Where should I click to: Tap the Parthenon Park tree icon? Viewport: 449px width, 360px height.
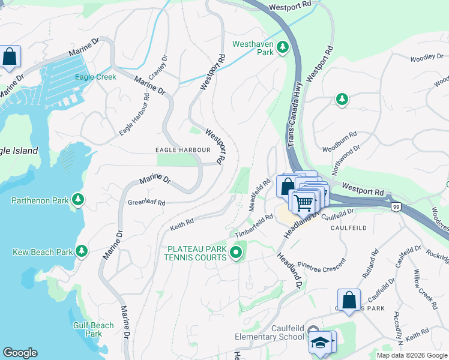coord(77,199)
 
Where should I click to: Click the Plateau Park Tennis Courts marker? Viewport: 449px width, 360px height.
coord(236,254)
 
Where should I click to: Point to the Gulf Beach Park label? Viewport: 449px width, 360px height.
coord(94,329)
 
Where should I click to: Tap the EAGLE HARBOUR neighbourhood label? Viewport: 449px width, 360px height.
coord(182,149)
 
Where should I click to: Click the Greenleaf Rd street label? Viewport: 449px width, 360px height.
coord(146,203)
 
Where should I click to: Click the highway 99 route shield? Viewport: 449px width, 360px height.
coord(396,207)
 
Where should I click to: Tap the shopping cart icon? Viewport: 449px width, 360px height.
coord(304,202)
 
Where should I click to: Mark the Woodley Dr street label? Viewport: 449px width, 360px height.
coord(426,59)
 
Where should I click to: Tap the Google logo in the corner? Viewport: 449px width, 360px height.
coord(20,353)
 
